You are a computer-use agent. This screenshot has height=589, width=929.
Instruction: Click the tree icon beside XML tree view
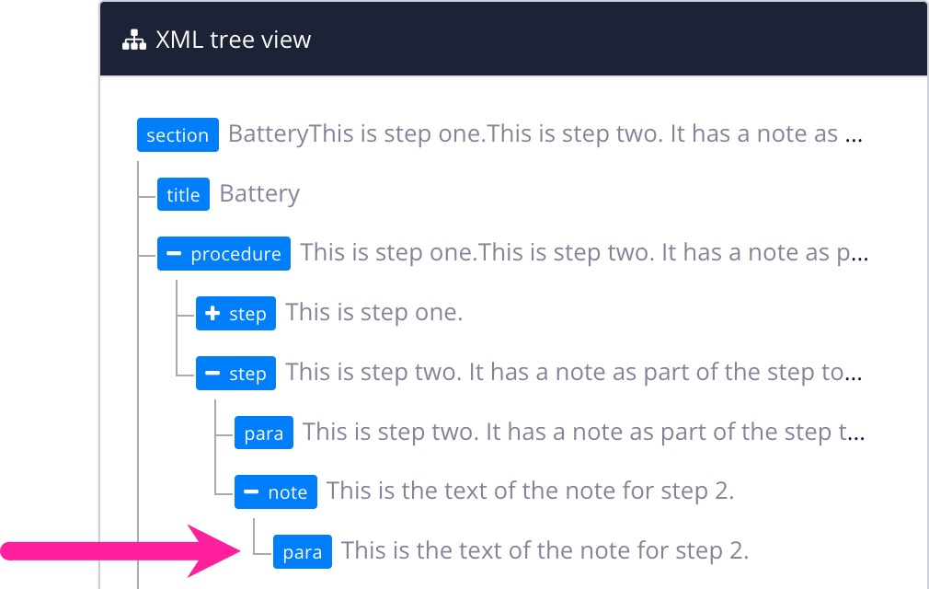point(134,40)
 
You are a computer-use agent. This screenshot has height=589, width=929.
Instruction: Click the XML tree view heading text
point(234,40)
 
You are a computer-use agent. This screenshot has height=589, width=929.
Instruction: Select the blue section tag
point(178,134)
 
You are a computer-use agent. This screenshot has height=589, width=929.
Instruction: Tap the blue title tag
point(183,194)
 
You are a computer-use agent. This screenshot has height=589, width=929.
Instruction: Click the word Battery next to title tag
point(259,194)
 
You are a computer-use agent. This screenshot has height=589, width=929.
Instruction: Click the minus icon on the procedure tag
point(174,254)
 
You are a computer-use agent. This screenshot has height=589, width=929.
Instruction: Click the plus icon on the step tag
point(212,314)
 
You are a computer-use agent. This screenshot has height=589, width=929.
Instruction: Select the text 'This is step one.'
point(373,313)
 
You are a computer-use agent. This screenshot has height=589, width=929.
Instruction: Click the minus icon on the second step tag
point(212,374)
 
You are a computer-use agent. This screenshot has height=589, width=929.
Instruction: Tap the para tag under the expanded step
point(264,433)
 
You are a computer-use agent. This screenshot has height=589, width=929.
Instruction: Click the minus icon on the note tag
point(251,492)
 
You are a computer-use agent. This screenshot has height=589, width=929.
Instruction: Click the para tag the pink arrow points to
point(303,552)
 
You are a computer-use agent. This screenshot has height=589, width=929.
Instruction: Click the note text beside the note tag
point(530,491)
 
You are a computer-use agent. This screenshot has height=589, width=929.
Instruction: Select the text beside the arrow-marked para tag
point(545,551)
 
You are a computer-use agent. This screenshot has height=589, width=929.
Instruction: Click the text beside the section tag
point(545,134)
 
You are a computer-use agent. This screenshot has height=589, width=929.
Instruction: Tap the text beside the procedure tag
point(583,253)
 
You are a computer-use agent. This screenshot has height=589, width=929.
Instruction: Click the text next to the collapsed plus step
point(373,313)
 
